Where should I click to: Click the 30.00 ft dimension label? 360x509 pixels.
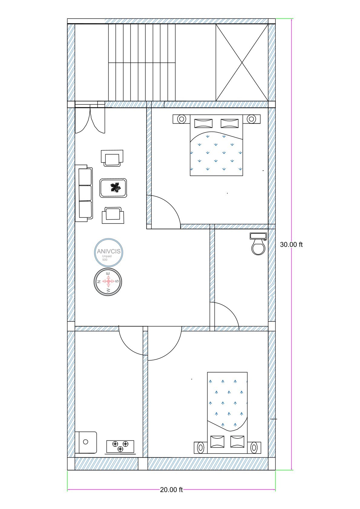[x=291, y=245]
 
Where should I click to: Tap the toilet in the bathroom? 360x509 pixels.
[x=258, y=244]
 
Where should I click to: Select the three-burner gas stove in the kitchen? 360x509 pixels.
[x=120, y=446]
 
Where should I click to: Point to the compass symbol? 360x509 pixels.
[x=108, y=282]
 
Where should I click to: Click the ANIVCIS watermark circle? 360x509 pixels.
[x=109, y=252]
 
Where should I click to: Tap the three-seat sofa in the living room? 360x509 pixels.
[x=84, y=193]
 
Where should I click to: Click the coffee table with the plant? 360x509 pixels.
[x=113, y=188]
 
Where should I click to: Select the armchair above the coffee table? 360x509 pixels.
[x=112, y=158]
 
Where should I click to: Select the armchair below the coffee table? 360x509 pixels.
[x=113, y=215]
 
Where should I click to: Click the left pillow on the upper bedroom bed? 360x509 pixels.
[x=203, y=123]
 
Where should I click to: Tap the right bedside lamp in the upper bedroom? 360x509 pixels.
[x=251, y=118]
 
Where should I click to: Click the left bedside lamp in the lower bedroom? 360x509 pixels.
[x=200, y=448]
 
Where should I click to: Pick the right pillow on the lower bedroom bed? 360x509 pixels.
[x=237, y=442]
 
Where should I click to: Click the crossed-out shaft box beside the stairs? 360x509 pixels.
[x=242, y=63]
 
